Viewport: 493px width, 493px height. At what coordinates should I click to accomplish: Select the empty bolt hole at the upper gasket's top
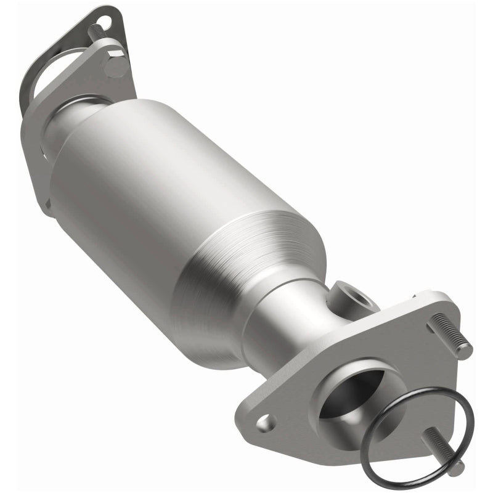click(103, 22)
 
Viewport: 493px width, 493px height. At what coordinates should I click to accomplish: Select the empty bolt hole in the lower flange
click(266, 422)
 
